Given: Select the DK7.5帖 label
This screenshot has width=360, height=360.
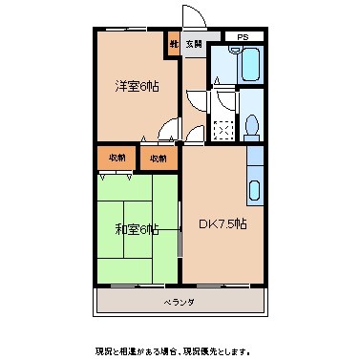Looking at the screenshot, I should click(x=223, y=224).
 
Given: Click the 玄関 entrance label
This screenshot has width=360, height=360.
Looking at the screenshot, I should click(x=194, y=43).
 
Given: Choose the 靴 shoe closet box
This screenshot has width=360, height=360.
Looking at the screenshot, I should click(x=175, y=43).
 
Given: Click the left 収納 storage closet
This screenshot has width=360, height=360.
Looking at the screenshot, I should click(x=116, y=158).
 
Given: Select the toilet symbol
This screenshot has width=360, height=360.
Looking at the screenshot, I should click(x=250, y=126).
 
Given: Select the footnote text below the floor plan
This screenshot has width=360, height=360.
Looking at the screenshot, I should click(x=179, y=349).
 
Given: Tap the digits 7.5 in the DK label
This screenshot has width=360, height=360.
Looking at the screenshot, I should click(x=227, y=224).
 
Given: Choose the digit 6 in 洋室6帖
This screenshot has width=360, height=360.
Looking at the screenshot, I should click(x=144, y=87).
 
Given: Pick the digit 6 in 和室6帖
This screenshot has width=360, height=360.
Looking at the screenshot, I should click(x=143, y=229).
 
